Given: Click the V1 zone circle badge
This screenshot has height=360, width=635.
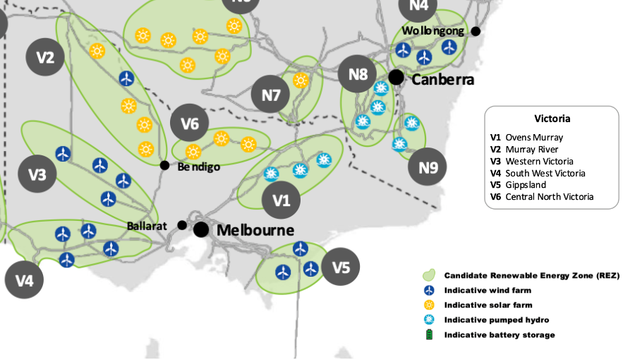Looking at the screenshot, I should [281, 200].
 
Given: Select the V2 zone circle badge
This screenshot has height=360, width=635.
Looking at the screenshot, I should [45, 57].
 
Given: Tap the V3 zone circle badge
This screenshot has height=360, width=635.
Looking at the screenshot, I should [37, 174].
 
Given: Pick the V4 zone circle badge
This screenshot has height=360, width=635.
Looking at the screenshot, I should [24, 280].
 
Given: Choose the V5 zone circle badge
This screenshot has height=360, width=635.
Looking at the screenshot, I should [341, 267].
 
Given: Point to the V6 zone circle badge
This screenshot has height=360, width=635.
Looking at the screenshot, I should [190, 124].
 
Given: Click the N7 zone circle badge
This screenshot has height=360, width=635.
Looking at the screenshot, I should [271, 95].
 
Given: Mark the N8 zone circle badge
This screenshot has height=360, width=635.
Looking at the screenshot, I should [358, 74].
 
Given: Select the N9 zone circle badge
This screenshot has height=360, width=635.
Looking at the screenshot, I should [428, 167].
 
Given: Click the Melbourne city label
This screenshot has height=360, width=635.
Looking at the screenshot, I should [255, 230].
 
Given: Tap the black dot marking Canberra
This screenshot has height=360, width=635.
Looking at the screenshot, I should [396, 77].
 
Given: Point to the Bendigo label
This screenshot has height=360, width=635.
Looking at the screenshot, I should [198, 167].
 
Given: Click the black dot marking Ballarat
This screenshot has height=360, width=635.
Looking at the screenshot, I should [182, 225].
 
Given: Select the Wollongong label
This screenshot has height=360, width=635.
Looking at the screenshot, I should [433, 31].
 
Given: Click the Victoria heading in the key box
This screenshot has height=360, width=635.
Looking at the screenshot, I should [552, 119].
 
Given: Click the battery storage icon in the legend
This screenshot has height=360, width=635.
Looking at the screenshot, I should [428, 335].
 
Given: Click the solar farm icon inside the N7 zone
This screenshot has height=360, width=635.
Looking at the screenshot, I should [301, 80].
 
